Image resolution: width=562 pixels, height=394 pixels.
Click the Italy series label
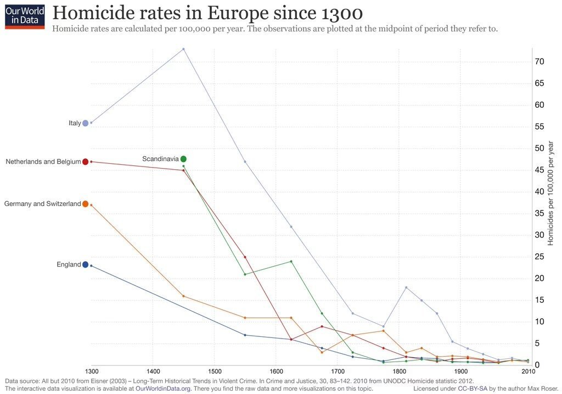[x=75, y=123]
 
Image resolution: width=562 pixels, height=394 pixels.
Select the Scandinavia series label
[x=160, y=159]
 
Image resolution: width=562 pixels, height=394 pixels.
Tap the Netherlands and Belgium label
[x=43, y=162]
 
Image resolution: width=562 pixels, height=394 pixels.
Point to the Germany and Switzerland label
[x=42, y=204]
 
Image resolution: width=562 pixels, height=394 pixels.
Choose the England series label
[x=69, y=264]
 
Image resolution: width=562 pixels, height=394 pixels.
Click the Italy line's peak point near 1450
[x=183, y=49]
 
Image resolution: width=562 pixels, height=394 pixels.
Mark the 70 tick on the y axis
[x=539, y=62]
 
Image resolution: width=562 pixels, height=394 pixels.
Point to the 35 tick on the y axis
[x=539, y=213]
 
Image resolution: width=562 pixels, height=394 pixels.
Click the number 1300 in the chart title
[x=327, y=13]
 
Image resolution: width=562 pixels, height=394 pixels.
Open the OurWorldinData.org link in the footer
[x=171, y=389]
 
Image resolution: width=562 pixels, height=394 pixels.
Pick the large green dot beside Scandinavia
[x=183, y=159]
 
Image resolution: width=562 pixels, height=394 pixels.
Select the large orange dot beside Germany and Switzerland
[x=85, y=204]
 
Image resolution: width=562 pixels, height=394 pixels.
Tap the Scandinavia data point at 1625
[x=291, y=261]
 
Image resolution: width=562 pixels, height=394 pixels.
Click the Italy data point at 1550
[x=245, y=162]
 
